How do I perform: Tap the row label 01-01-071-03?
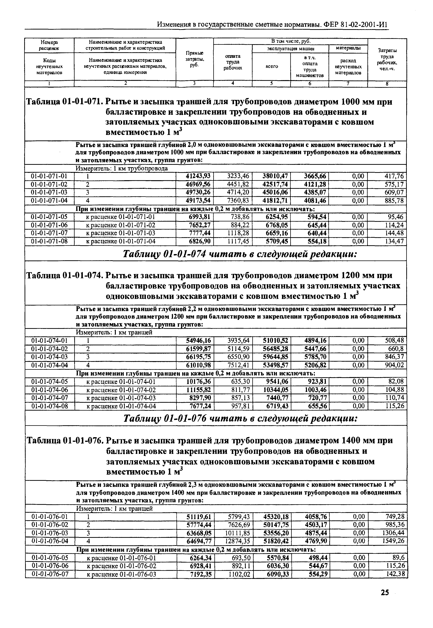tap(49, 192)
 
